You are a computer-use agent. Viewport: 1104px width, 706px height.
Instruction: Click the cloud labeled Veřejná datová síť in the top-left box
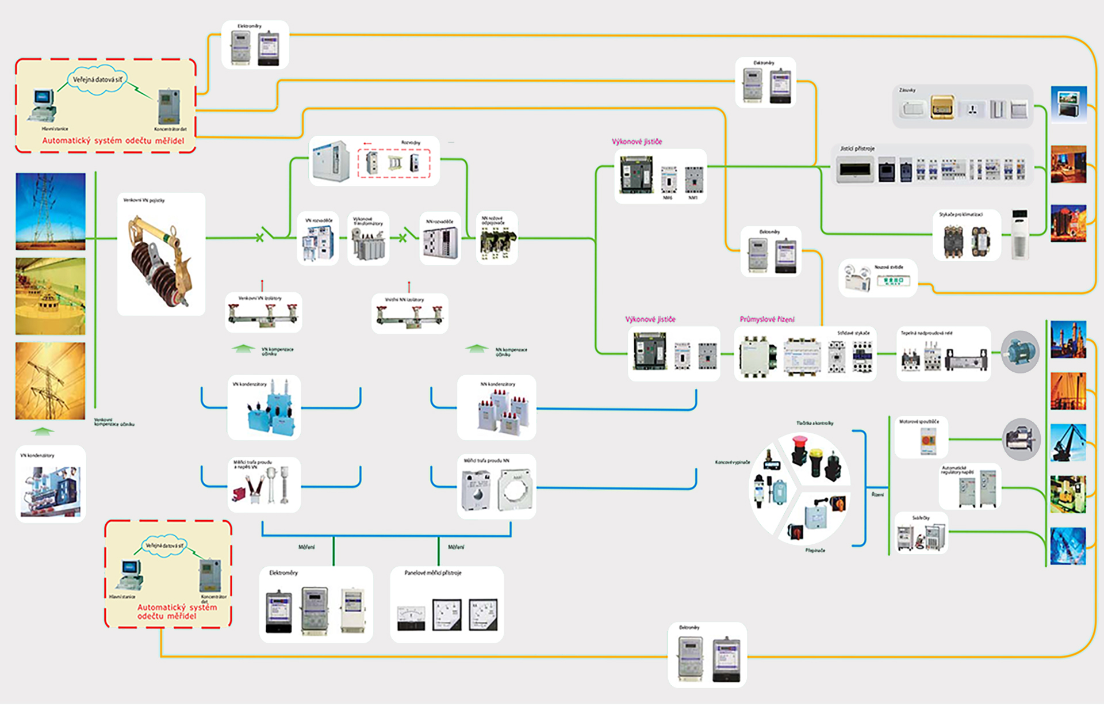pyautogui.click(x=97, y=80)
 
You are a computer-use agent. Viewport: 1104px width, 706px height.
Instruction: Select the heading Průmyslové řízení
pyautogui.click(x=766, y=319)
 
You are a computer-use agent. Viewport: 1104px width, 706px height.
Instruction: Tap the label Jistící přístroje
pyautogui.click(x=857, y=148)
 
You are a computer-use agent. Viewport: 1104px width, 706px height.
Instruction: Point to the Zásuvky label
pyautogui.click(x=907, y=90)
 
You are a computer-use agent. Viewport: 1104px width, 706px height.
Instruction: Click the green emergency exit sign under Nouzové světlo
pyautogui.click(x=893, y=281)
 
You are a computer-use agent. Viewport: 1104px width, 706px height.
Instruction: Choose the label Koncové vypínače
pyautogui.click(x=732, y=462)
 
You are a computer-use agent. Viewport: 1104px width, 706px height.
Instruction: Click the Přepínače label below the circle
pyautogui.click(x=815, y=551)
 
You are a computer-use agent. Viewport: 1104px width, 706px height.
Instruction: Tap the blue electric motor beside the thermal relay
pyautogui.click(x=1020, y=352)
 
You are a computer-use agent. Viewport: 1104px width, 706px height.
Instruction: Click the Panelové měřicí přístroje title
pyautogui.click(x=432, y=573)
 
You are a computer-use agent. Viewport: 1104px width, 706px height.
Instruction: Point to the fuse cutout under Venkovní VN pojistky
pyautogui.click(x=160, y=261)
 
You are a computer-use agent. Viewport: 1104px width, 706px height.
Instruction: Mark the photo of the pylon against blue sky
pyautogui.click(x=51, y=211)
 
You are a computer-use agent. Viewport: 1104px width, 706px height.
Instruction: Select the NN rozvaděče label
pyautogui.click(x=439, y=222)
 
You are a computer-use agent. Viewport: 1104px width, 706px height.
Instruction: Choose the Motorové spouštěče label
pyautogui.click(x=919, y=422)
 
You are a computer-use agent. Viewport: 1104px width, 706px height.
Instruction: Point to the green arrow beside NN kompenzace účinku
pyautogui.click(x=476, y=349)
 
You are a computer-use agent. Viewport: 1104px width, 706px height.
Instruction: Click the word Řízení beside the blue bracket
pyautogui.click(x=877, y=495)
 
